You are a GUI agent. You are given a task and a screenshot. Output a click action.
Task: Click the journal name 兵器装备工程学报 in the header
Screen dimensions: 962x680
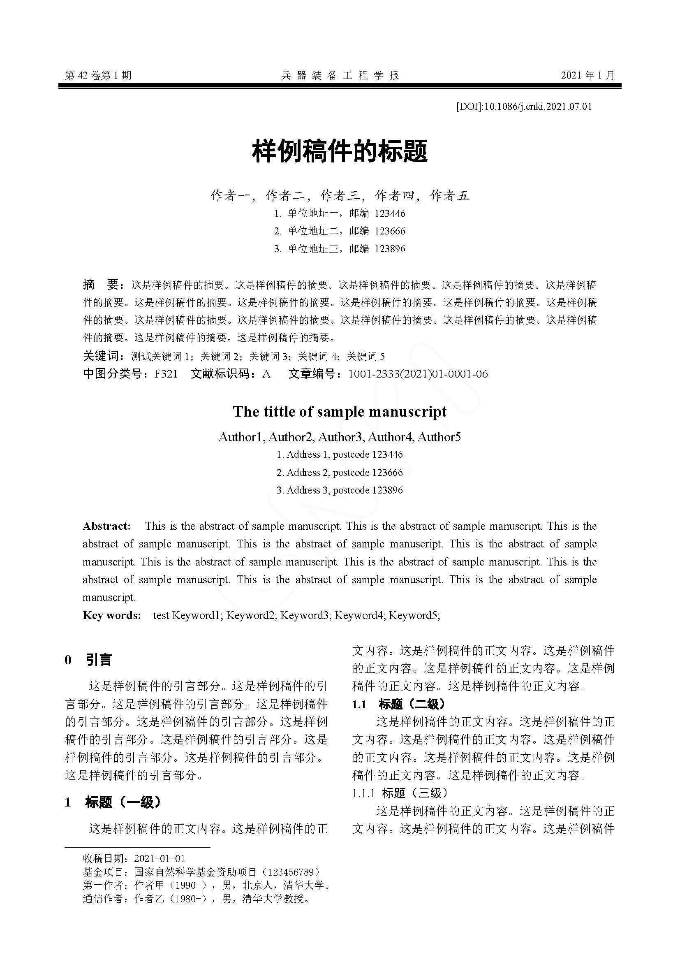[340, 75]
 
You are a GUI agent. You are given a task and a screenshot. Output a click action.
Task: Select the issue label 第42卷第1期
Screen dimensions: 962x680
[98, 75]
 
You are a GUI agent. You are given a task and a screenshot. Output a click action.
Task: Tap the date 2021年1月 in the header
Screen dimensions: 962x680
[587, 75]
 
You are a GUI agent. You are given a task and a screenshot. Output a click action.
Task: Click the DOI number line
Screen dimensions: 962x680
[524, 107]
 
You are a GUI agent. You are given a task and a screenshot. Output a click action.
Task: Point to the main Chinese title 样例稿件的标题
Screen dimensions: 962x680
[340, 152]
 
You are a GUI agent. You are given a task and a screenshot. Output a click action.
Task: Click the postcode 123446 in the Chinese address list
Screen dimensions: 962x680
[390, 213]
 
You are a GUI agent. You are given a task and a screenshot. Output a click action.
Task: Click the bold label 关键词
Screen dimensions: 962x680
[102, 356]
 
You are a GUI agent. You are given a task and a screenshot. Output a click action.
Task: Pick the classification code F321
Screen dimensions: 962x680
[166, 374]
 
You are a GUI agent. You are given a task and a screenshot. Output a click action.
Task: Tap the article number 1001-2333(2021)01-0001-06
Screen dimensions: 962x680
[418, 374]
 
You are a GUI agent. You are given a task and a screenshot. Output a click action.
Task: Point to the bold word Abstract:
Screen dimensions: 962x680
[106, 526]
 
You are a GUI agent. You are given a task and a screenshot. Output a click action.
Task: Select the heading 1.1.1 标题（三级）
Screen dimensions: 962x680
[400, 793]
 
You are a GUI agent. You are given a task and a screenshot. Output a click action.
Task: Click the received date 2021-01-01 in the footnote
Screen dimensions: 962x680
[160, 858]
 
